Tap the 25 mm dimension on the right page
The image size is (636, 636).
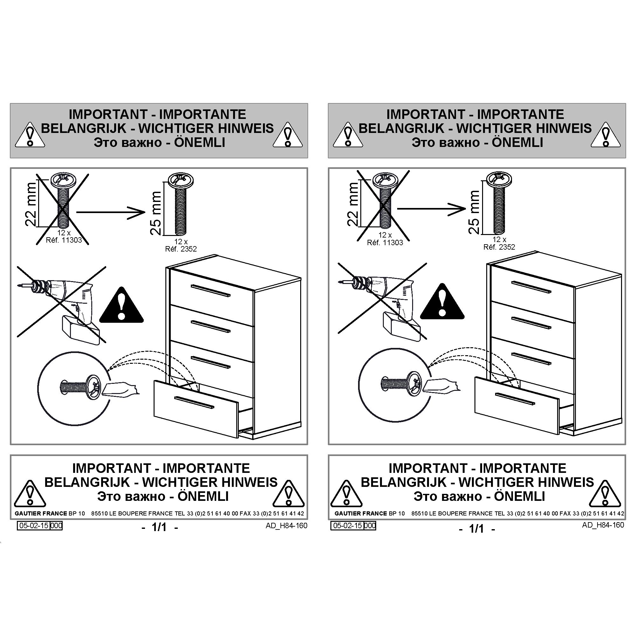point(474,212)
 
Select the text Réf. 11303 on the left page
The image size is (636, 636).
point(64,240)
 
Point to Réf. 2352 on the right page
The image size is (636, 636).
point(499,247)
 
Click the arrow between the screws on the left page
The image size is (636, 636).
point(111,212)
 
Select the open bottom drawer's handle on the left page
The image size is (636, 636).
point(194,402)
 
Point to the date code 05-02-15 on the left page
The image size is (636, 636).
point(34,526)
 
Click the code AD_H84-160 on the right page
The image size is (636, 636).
point(603,525)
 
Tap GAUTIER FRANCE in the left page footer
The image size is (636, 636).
point(36,514)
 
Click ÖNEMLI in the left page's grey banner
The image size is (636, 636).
point(199,142)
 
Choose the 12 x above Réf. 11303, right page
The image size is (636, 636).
point(385,235)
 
